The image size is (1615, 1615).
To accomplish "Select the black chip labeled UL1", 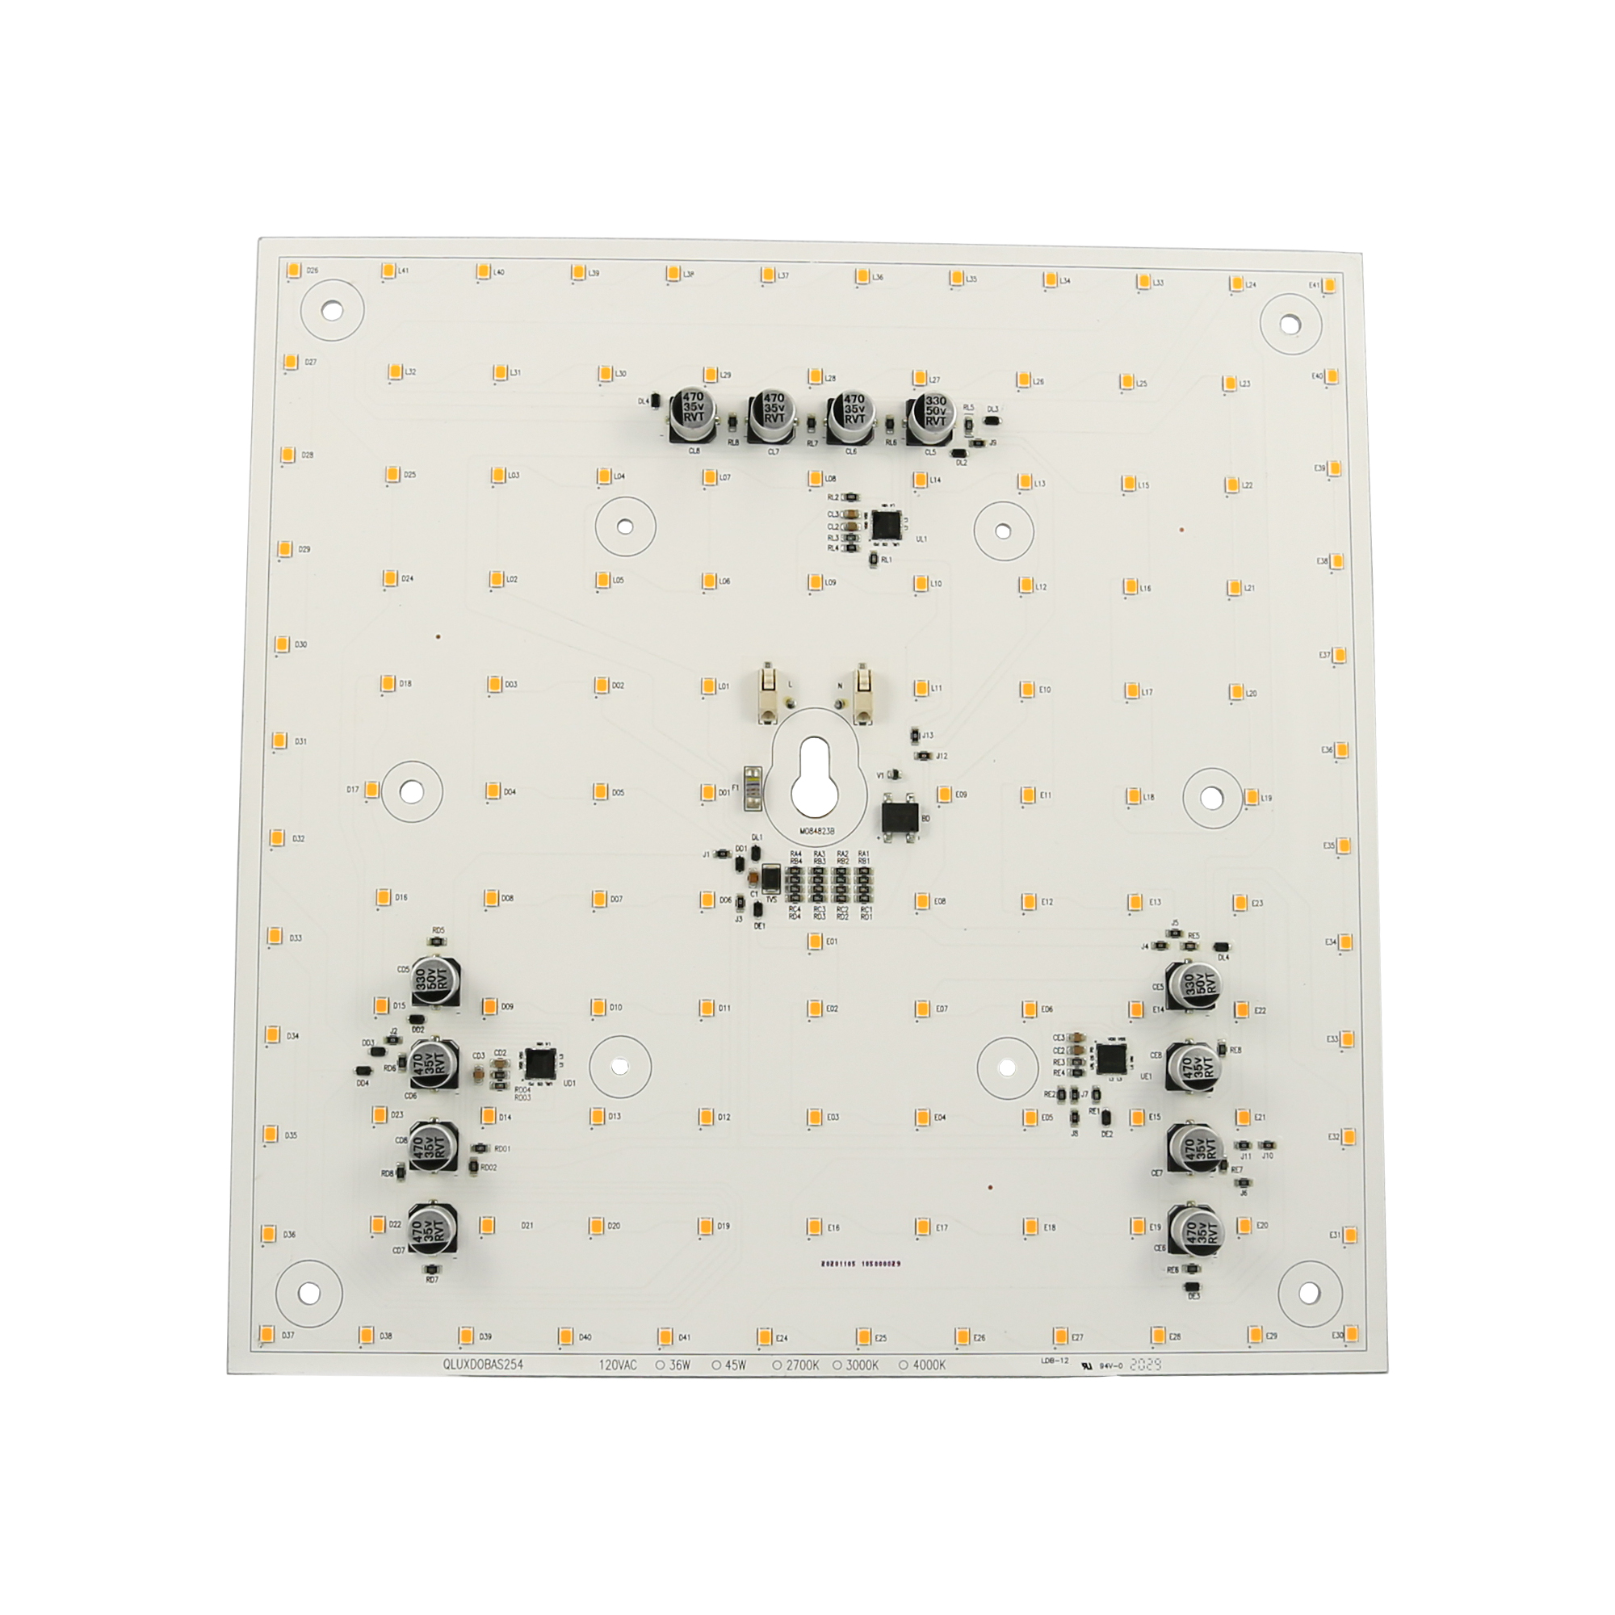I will [x=885, y=525].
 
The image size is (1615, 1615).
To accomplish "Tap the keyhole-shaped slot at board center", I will [x=812, y=773].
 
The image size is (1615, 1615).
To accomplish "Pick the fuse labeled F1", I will [x=751, y=787].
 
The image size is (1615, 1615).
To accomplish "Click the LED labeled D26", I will [x=294, y=270].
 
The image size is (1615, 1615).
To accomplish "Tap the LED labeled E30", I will [x=1351, y=1332].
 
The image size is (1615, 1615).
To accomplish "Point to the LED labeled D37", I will [x=267, y=1332].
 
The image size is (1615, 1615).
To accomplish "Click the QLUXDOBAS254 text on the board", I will [x=483, y=1365].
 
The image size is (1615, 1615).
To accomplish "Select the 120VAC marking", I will [x=617, y=1365].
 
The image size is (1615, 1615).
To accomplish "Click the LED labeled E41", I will [x=1329, y=286].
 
